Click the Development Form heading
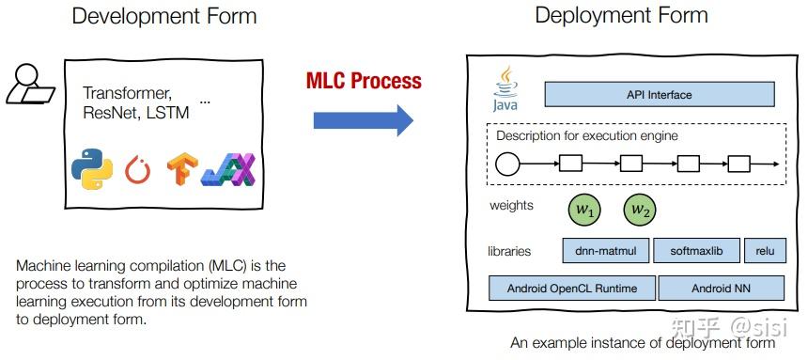[x=163, y=17]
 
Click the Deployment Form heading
[x=621, y=16]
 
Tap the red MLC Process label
[x=364, y=80]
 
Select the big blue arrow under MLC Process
[x=363, y=120]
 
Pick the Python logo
[x=93, y=169]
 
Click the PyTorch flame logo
[x=138, y=170]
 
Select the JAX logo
[x=228, y=169]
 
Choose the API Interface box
[x=659, y=94]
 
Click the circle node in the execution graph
[x=507, y=165]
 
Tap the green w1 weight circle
[x=585, y=211]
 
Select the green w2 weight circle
[x=641, y=211]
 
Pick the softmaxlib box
[x=695, y=251]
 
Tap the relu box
[x=765, y=251]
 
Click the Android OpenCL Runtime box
[x=572, y=288]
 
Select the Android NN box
[x=722, y=288]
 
